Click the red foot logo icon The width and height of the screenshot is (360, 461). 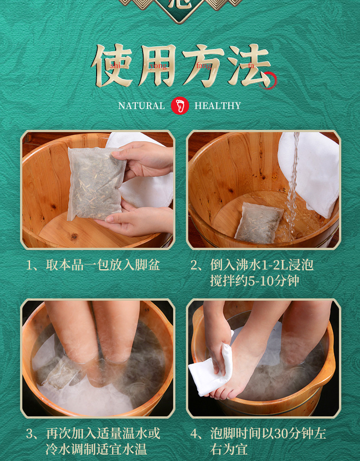click(180, 105)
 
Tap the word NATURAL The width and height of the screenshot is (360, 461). click(141, 106)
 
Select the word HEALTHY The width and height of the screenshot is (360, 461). click(218, 106)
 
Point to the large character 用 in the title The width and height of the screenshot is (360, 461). click(158, 66)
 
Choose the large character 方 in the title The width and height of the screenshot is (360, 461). click(203, 66)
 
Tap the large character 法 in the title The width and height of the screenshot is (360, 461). click(249, 66)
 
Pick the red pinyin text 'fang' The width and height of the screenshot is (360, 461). click(204, 66)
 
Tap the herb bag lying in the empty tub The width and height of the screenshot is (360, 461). click(258, 223)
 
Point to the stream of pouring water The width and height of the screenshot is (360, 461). click(293, 185)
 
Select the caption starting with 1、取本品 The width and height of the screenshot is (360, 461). click(93, 265)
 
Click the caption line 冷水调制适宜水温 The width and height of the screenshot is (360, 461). click(96, 449)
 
